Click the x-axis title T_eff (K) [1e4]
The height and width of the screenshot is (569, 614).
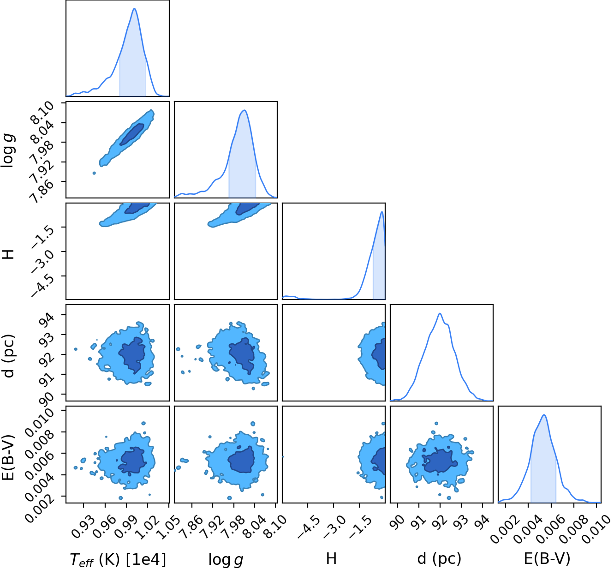118,559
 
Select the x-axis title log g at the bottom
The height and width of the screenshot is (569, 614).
226,560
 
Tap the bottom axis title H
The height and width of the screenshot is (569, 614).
331,559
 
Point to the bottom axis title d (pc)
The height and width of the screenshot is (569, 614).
439,559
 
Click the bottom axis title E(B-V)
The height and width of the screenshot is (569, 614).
547,559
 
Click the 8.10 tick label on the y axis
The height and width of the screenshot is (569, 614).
42,112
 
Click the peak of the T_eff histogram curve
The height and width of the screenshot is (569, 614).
135,8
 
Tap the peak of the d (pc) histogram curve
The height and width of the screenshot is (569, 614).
440,313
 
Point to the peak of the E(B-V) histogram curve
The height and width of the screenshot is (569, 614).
544,415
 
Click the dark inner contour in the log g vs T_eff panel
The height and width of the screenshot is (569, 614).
132,134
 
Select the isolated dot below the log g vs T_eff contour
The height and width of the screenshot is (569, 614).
94,173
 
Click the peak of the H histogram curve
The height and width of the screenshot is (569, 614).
382,212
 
